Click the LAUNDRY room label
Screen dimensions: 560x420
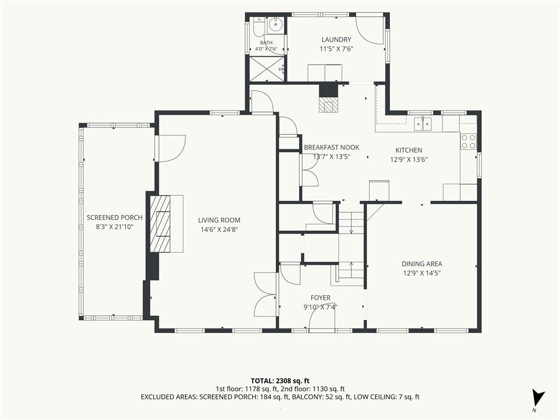(336, 39)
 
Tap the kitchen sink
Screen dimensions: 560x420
(423, 124)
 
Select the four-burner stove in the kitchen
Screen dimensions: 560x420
(469, 141)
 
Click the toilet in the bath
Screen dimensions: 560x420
(258, 26)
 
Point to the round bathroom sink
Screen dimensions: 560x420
(276, 25)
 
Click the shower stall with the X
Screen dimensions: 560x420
(267, 68)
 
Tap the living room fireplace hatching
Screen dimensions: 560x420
(160, 224)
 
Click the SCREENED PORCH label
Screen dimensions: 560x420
(115, 218)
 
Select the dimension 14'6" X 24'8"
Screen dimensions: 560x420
(219, 230)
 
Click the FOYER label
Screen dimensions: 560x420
(320, 298)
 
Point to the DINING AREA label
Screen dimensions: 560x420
(422, 264)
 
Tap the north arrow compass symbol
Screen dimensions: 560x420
(538, 399)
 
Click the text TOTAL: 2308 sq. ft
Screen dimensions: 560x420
(277, 381)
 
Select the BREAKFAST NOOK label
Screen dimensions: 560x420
(331, 148)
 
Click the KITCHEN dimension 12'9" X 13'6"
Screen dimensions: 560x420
(409, 160)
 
